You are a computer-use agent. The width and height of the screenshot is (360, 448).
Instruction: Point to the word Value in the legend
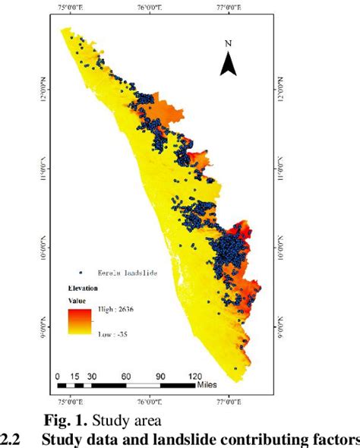click(77, 301)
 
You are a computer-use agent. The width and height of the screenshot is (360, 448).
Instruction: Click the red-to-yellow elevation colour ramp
click(80, 322)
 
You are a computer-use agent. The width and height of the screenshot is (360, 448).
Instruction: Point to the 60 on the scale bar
click(126, 376)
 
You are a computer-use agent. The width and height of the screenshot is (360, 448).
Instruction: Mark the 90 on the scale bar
click(160, 376)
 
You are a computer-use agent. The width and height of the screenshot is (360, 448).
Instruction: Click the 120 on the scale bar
click(194, 376)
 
